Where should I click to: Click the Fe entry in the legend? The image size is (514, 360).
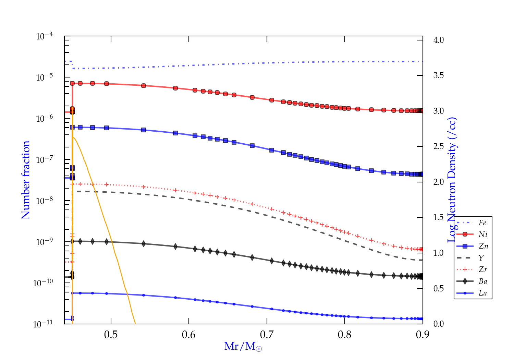tap(482, 223)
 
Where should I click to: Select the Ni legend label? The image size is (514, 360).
tap(483, 235)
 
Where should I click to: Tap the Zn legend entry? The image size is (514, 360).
tap(484, 246)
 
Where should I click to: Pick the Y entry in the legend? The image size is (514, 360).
tap(481, 258)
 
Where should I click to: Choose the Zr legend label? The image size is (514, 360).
tap(483, 269)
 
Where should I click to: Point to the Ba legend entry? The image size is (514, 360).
tap(483, 281)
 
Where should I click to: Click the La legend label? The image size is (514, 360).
tap(482, 293)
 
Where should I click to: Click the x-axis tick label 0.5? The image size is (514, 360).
tap(111, 335)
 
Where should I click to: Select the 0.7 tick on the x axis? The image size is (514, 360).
tap(267, 335)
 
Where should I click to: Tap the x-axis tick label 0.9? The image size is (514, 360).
tap(423, 335)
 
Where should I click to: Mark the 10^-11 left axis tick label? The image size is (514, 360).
tap(43, 324)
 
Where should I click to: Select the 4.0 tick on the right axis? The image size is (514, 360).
tap(438, 40)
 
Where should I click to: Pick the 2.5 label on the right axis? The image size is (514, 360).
tap(438, 146)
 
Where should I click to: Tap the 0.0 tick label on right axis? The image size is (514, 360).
tap(438, 324)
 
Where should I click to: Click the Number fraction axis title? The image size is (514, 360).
tap(26, 180)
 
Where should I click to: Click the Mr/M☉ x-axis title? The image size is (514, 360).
tap(243, 347)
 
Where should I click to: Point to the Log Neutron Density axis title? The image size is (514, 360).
tap(452, 180)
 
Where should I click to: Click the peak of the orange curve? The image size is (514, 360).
tap(73, 137)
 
